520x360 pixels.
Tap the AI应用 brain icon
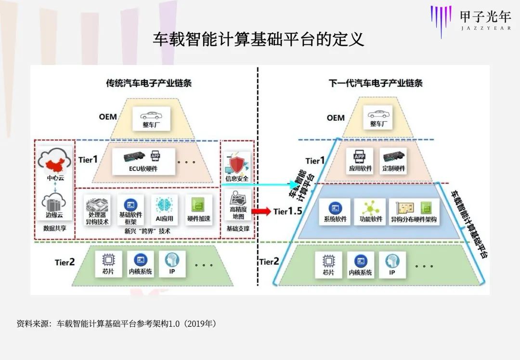(165, 204)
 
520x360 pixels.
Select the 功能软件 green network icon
(371, 207)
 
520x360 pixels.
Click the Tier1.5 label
(287, 211)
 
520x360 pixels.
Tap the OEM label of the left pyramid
(108, 117)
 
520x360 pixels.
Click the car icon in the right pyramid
(378, 114)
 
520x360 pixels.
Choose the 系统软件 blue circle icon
(336, 208)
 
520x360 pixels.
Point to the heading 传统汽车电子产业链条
(149, 83)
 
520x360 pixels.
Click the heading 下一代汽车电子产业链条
(376, 83)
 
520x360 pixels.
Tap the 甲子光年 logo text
(484, 16)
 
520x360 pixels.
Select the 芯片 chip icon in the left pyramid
(108, 260)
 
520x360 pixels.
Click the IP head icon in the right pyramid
(392, 260)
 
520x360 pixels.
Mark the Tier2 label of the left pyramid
(65, 262)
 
